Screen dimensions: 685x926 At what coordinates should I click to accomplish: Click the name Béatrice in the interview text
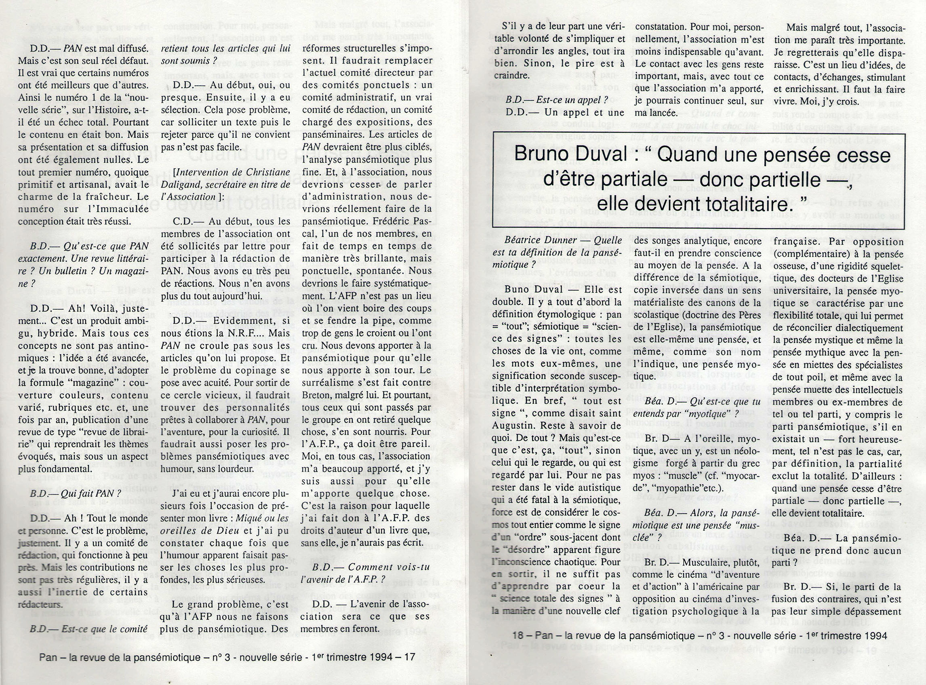523,240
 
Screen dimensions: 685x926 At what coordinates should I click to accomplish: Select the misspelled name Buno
519,290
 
